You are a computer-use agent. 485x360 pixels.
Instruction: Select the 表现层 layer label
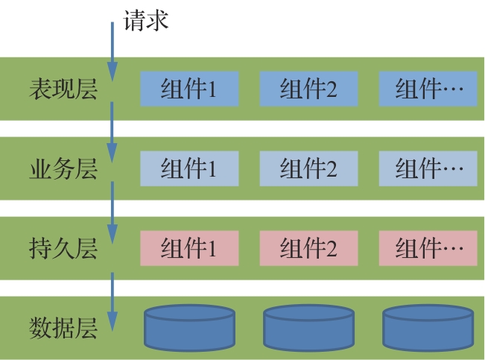[63, 89]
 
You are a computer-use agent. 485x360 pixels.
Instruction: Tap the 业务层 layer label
[63, 169]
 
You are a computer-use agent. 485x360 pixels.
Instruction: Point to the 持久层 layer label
[63, 248]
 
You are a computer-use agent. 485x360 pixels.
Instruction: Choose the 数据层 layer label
[63, 327]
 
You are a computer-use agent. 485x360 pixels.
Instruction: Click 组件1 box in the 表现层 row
[189, 89]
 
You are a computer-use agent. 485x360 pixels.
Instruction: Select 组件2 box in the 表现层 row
[308, 89]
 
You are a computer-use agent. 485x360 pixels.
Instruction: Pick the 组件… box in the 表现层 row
[428, 89]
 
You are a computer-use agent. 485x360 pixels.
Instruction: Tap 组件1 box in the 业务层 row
[189, 169]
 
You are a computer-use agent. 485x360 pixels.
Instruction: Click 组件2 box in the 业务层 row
[308, 169]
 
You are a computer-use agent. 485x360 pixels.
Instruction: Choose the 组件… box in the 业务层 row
[428, 169]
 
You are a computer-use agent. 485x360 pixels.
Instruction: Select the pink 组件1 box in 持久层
[189, 248]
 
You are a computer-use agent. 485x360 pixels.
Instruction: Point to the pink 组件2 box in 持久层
[308, 248]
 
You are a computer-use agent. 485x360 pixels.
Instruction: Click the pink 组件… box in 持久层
[428, 248]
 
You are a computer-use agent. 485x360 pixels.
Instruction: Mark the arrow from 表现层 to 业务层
[112, 130]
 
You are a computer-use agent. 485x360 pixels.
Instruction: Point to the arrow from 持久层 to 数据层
[112, 302]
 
